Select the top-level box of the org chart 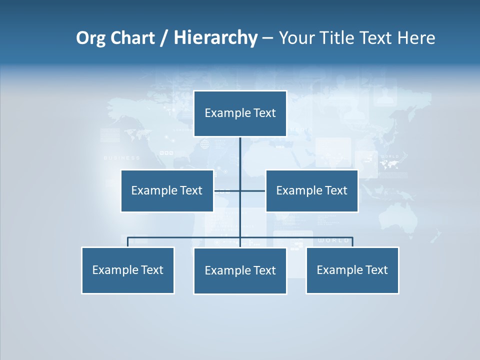tap(240, 113)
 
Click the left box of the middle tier tap(167, 190)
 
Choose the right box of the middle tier tap(311, 190)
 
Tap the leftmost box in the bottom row tap(127, 270)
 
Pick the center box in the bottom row tap(240, 270)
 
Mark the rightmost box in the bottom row tap(352, 270)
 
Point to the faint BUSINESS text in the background tap(122, 158)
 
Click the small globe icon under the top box tap(204, 145)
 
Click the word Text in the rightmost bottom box tap(376, 270)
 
